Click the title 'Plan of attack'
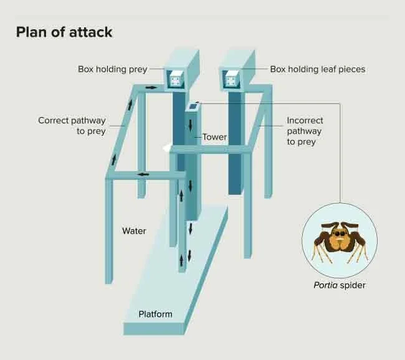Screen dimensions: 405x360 click(x=64, y=32)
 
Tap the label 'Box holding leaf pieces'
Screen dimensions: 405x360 click(x=317, y=69)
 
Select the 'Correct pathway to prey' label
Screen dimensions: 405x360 click(x=72, y=126)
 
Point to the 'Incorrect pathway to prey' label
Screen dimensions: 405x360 click(x=305, y=131)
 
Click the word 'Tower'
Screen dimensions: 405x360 click(x=214, y=137)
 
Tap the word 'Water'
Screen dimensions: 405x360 click(x=134, y=231)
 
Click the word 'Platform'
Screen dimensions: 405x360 click(x=155, y=314)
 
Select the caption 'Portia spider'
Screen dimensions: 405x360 click(x=339, y=286)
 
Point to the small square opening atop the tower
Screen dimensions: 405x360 click(x=193, y=106)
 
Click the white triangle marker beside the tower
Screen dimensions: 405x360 click(x=166, y=148)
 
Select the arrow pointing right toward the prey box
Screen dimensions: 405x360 click(x=151, y=88)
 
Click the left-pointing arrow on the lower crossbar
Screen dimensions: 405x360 click(x=144, y=174)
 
